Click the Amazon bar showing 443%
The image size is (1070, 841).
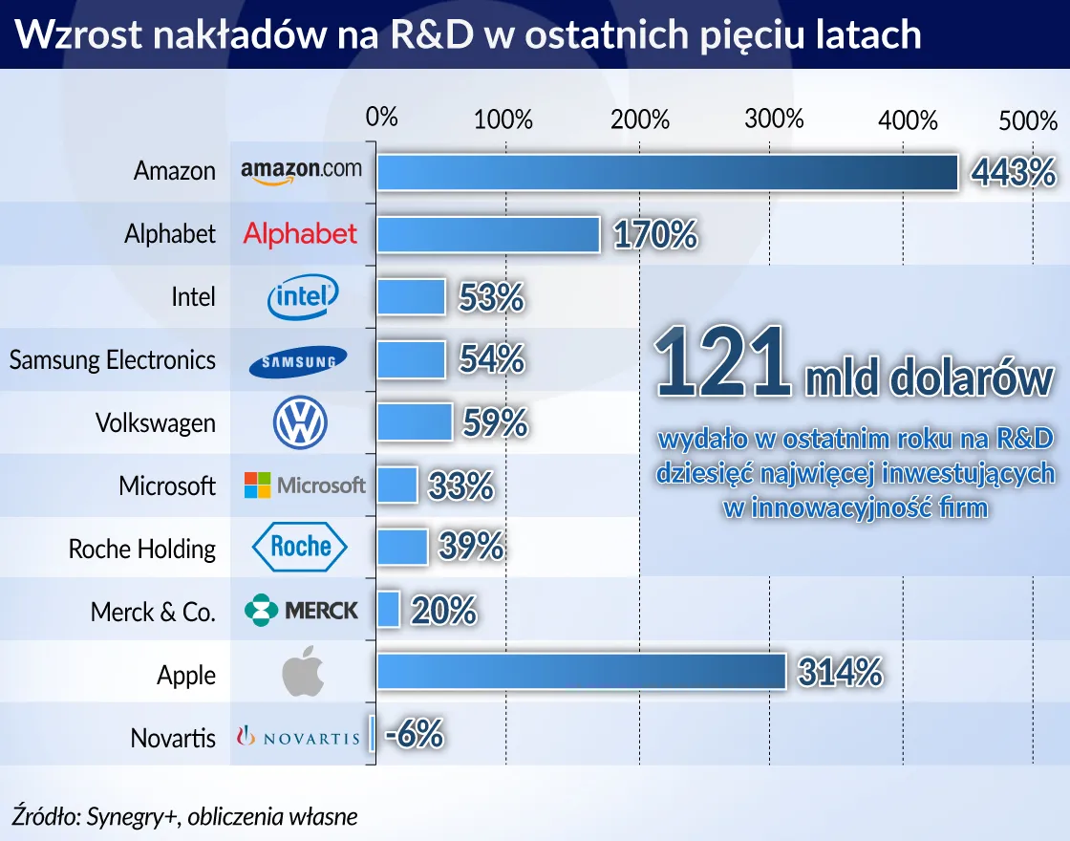667,172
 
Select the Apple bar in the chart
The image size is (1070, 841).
581,671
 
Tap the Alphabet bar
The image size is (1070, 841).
488,234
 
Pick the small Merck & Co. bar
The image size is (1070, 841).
388,609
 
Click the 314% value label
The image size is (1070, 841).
840,673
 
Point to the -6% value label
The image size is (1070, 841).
415,735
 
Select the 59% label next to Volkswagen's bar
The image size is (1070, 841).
495,422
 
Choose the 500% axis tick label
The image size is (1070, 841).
1028,121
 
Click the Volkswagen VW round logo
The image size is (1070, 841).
300,422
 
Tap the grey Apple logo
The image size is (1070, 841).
303,673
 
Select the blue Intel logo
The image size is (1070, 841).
302,297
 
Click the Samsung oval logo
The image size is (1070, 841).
298,361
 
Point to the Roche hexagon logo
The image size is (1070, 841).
300,547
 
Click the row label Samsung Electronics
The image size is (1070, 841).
113,360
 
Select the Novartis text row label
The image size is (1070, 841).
173,738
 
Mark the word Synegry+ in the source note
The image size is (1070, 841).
133,816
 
